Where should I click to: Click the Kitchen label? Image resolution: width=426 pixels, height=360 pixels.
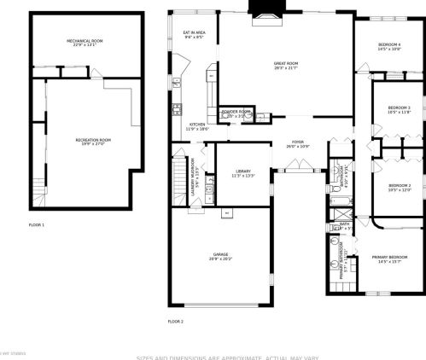tap(197, 126)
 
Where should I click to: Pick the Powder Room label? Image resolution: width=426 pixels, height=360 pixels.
tap(236, 113)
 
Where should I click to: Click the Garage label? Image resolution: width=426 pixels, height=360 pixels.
tap(220, 256)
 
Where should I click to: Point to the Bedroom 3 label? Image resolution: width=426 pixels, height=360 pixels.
tap(399, 109)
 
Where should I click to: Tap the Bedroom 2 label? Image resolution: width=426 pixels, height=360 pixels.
tap(400, 187)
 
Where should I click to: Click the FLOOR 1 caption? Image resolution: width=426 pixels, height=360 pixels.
tap(37, 224)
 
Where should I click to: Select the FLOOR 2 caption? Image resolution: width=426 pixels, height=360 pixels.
tap(176, 321)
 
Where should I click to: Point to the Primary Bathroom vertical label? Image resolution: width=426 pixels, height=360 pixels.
tap(341, 260)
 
